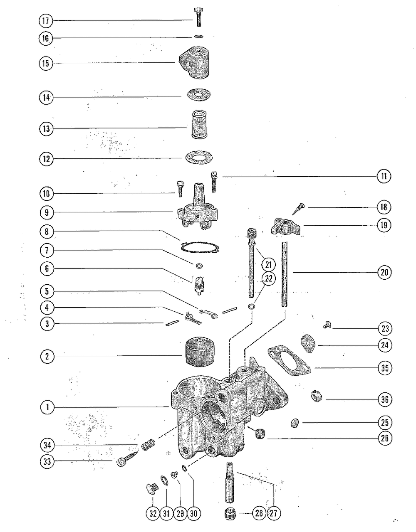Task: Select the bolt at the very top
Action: [198, 16]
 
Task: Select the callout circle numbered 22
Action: [268, 278]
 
